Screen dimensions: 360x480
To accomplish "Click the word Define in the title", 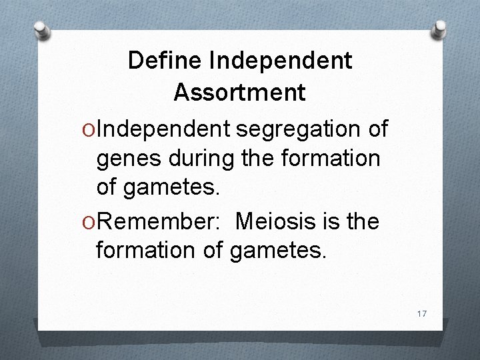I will click(165, 61).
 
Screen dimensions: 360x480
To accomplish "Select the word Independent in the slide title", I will click(281, 61).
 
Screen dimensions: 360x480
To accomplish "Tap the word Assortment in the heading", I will click(240, 92).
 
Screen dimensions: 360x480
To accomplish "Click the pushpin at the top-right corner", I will click(441, 28).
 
